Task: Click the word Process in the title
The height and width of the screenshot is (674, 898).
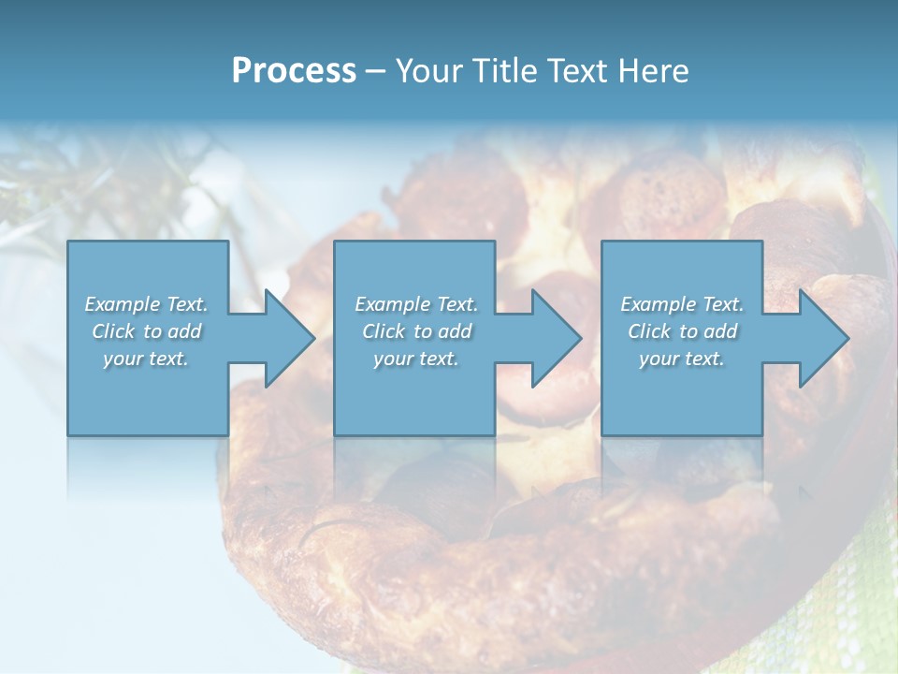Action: tap(294, 71)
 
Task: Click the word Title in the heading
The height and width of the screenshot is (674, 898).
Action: tap(505, 71)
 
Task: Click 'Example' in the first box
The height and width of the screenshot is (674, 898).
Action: tap(123, 304)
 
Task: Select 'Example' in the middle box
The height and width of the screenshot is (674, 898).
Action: tap(393, 304)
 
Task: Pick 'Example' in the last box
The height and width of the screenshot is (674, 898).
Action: tap(659, 304)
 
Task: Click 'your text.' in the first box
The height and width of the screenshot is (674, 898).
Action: tap(146, 359)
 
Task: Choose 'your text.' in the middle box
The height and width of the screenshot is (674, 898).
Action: tap(416, 359)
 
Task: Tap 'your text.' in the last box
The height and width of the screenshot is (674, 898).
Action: tap(682, 359)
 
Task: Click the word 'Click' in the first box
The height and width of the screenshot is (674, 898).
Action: tap(113, 331)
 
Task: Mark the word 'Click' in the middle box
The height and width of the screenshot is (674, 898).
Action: tap(384, 331)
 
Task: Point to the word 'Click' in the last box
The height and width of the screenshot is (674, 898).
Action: tap(649, 331)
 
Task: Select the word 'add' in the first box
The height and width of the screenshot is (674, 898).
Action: tap(185, 331)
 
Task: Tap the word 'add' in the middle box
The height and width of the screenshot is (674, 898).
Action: tap(456, 331)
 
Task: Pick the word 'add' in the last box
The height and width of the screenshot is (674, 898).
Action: tap(721, 331)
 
